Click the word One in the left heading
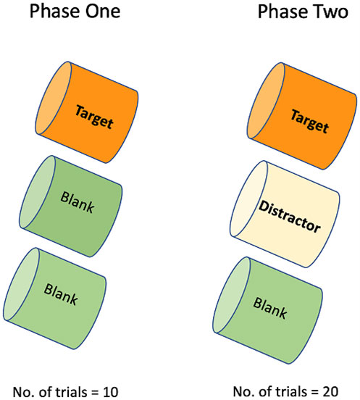(x=102, y=12)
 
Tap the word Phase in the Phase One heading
(x=56, y=12)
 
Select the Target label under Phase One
(x=94, y=117)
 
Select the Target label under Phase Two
(x=309, y=122)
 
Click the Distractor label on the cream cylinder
(x=290, y=217)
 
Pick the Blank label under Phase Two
(x=270, y=308)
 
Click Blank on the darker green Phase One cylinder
(x=78, y=202)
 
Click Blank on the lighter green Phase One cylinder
(x=61, y=294)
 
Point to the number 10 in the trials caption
(x=110, y=392)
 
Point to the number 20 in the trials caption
(x=330, y=391)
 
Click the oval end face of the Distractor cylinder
(x=249, y=199)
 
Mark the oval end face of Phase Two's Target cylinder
(x=266, y=101)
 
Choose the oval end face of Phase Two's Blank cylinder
(x=232, y=295)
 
